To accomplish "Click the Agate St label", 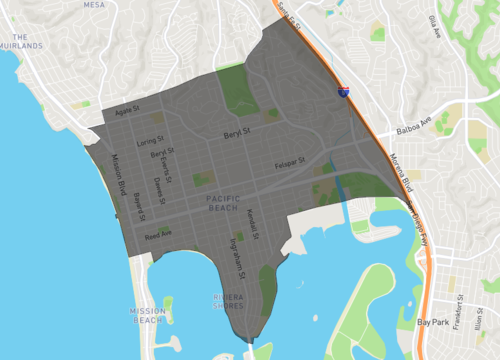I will point(130,109).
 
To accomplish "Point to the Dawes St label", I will point(157,183).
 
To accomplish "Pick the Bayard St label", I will point(139,205).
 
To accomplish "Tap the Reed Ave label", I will point(158,236).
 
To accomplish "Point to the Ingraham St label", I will point(236,256).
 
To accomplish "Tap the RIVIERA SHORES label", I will point(235,302).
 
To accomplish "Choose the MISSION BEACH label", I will point(147,316).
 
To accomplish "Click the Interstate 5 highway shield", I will point(343,91).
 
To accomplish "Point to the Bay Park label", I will point(434,323).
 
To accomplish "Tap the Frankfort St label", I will point(460,311).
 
